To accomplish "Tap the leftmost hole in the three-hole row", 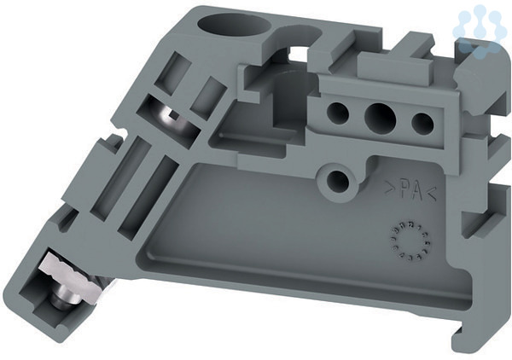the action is click(x=338, y=113).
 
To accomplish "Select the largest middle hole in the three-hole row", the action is click(x=380, y=117).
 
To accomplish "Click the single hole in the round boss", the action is click(x=338, y=181).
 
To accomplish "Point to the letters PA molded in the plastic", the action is click(x=410, y=190).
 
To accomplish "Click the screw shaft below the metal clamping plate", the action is click(x=61, y=298).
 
